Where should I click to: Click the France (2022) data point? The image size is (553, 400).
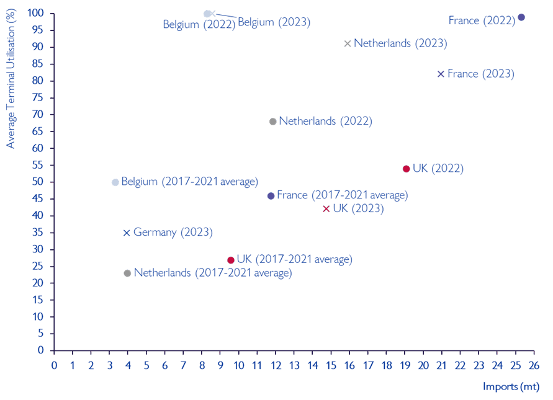coord(521,17)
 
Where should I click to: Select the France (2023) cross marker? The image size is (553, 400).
coord(441,74)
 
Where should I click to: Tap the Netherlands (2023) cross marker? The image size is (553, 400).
coord(348,43)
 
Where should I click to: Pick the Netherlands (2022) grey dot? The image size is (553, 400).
coord(272,122)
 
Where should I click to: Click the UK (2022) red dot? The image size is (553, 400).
coord(407,169)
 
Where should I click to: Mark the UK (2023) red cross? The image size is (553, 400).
coord(326,208)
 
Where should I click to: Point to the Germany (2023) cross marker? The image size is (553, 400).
coord(127,233)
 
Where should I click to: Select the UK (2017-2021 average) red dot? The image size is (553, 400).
coord(231,260)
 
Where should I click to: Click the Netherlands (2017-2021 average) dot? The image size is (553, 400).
coord(127,273)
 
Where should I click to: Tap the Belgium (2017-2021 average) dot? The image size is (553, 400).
coord(115,182)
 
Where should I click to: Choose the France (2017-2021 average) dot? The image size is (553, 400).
coord(271,196)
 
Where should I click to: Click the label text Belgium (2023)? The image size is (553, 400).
coord(274,22)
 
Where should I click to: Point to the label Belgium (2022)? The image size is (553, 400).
coord(199,25)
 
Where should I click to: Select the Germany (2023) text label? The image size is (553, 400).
coord(173,233)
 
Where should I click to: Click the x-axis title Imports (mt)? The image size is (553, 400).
coord(511,387)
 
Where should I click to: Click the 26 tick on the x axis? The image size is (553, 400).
coord(533,364)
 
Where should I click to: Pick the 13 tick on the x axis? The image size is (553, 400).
coord(294,364)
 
